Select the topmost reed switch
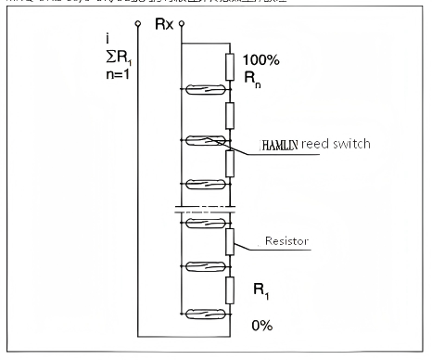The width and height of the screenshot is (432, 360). coord(204,90)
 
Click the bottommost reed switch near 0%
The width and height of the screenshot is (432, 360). coord(204,313)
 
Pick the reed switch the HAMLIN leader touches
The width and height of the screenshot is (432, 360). coord(204,141)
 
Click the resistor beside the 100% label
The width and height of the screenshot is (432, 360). coord(227,66)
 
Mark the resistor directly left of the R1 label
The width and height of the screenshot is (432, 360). coord(227,289)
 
